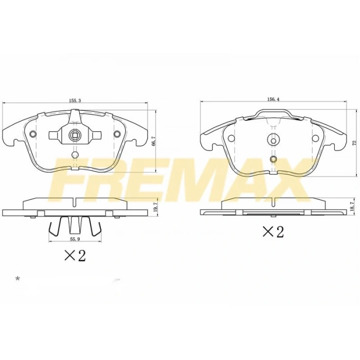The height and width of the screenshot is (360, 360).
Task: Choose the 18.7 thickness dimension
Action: pos(352,205)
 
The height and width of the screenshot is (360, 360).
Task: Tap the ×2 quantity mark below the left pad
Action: pos(75,255)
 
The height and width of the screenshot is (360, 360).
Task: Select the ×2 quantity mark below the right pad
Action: pos(273,231)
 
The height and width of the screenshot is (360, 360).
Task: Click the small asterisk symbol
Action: pos(17,279)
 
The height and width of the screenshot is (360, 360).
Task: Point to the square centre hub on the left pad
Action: pos(75,136)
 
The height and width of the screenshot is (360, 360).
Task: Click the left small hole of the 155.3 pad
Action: pos(33,135)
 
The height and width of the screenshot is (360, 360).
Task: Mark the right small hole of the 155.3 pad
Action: pos(117,135)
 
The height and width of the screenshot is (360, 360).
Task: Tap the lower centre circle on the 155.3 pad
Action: pos(75,154)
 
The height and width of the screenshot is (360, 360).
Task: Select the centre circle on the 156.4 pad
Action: pos(273,138)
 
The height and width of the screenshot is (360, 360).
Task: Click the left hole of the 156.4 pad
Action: pos(230,138)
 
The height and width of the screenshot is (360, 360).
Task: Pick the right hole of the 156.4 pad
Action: pos(316,138)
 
